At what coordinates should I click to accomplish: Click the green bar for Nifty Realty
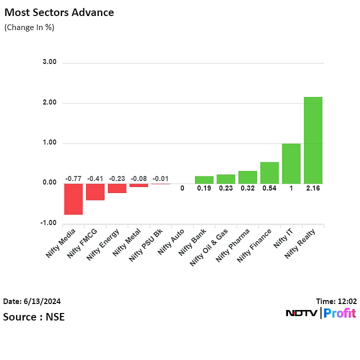(x=313, y=140)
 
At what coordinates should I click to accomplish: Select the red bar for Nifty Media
(x=73, y=199)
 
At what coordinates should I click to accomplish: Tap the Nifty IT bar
(x=291, y=163)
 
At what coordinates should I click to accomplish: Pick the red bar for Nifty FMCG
(x=95, y=192)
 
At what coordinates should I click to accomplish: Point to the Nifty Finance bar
(x=269, y=172)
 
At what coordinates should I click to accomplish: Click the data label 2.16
(x=313, y=188)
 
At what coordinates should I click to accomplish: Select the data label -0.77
(x=73, y=178)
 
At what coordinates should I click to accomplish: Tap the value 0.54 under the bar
(x=269, y=188)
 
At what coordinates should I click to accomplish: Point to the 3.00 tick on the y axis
(x=49, y=62)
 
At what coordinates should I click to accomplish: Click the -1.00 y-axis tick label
(x=48, y=223)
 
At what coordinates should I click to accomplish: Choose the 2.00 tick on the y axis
(x=49, y=103)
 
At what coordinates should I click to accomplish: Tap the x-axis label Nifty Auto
(x=171, y=242)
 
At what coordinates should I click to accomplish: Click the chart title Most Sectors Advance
(x=59, y=12)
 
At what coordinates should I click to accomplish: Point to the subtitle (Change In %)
(x=29, y=27)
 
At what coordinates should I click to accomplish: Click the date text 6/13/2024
(x=42, y=301)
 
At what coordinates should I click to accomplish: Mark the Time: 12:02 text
(x=336, y=301)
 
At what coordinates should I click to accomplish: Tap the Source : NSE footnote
(x=34, y=317)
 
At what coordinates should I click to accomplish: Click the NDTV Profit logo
(x=320, y=313)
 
